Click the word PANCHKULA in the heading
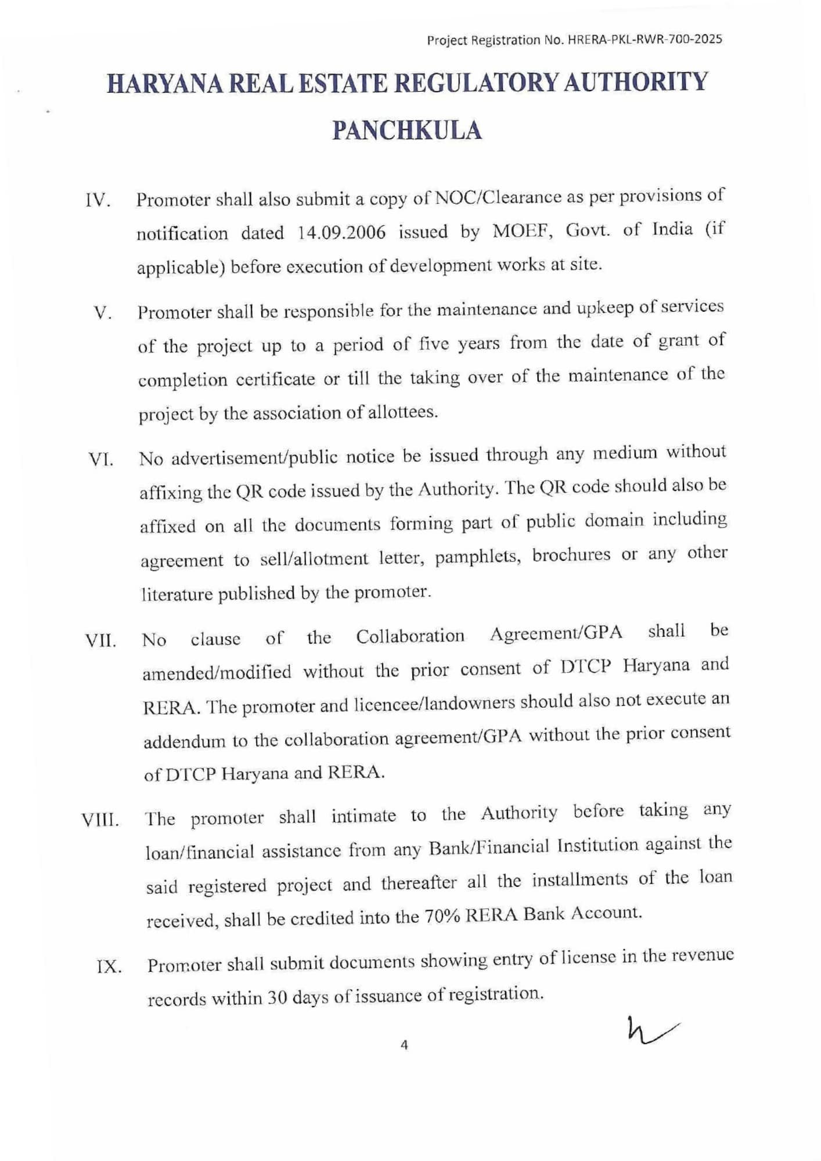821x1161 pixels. [x=407, y=130]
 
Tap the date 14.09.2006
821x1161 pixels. [x=341, y=232]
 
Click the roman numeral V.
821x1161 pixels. [x=102, y=313]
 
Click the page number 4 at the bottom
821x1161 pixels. [x=404, y=1045]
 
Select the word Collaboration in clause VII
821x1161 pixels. [x=410, y=636]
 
